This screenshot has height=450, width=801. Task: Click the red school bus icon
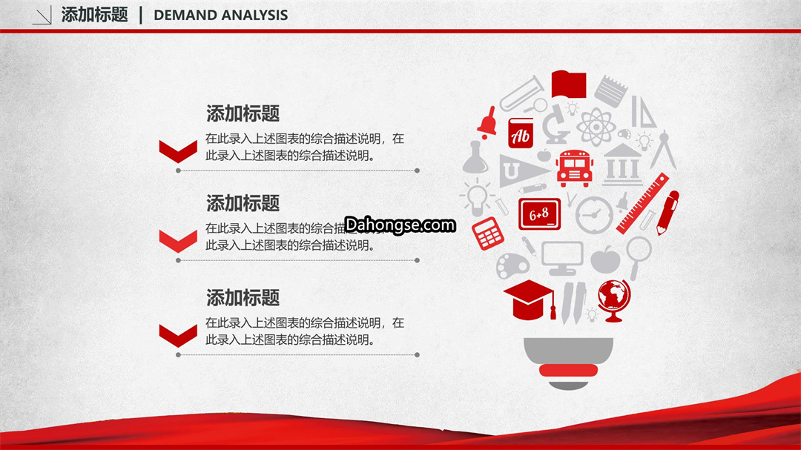click(x=574, y=168)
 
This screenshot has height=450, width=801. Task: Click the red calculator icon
click(x=487, y=234)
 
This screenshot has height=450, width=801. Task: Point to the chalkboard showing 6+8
click(x=539, y=214)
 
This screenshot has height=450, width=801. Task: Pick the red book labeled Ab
click(x=521, y=133)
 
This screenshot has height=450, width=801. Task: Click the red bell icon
click(x=487, y=122)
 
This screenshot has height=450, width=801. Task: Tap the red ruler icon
click(x=642, y=203)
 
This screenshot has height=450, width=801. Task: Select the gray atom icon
click(x=596, y=126)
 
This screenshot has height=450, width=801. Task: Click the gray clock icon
click(x=593, y=215)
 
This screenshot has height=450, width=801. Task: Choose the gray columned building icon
click(x=622, y=165)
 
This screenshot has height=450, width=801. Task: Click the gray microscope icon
click(x=555, y=125)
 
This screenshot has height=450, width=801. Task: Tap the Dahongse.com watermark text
click(x=400, y=225)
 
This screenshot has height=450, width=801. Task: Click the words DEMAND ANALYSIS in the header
click(x=221, y=16)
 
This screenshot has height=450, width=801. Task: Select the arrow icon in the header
click(x=42, y=16)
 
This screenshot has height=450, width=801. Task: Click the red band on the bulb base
click(x=568, y=371)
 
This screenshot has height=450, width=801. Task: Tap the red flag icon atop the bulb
click(x=569, y=85)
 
